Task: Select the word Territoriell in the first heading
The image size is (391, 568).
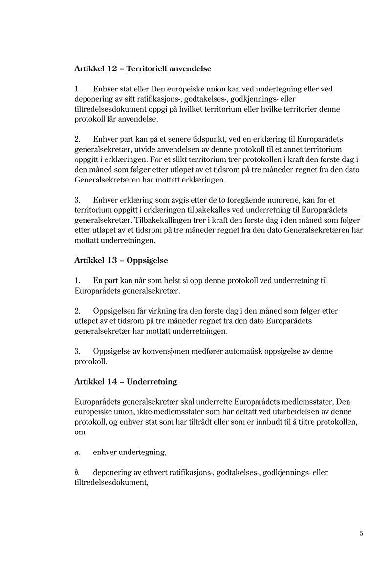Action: point(147,69)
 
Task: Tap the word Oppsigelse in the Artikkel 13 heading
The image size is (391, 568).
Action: point(147,260)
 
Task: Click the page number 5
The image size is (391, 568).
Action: point(361,533)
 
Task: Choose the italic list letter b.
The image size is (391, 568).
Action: point(77,473)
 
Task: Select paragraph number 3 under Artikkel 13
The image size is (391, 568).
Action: point(77,351)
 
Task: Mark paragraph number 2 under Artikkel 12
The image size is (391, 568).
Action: point(77,139)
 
